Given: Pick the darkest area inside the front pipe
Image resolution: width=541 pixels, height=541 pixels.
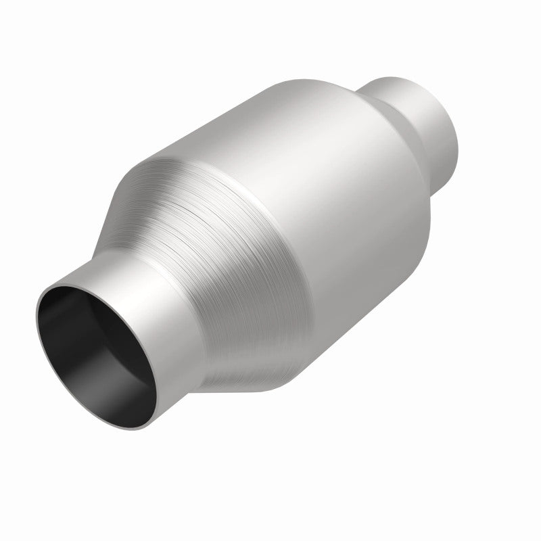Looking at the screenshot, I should click(68, 325).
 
